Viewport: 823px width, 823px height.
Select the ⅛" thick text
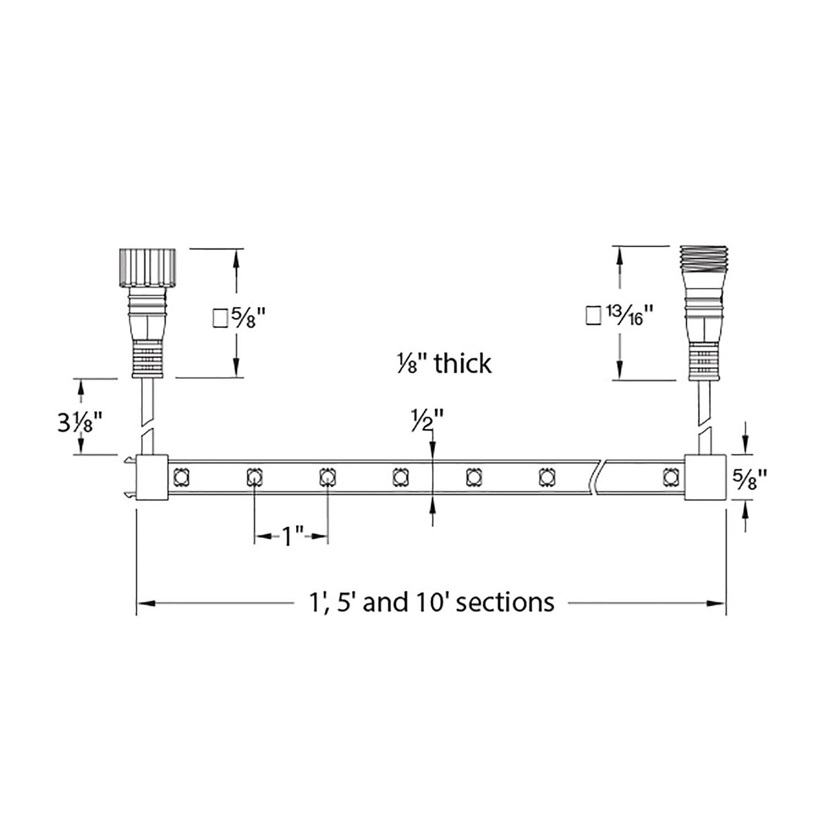click(444, 363)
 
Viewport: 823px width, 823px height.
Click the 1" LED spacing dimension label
click(291, 536)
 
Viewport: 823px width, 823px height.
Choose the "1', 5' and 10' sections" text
click(430, 601)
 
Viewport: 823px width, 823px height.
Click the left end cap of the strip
click(151, 477)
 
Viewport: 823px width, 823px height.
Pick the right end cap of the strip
click(705, 477)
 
